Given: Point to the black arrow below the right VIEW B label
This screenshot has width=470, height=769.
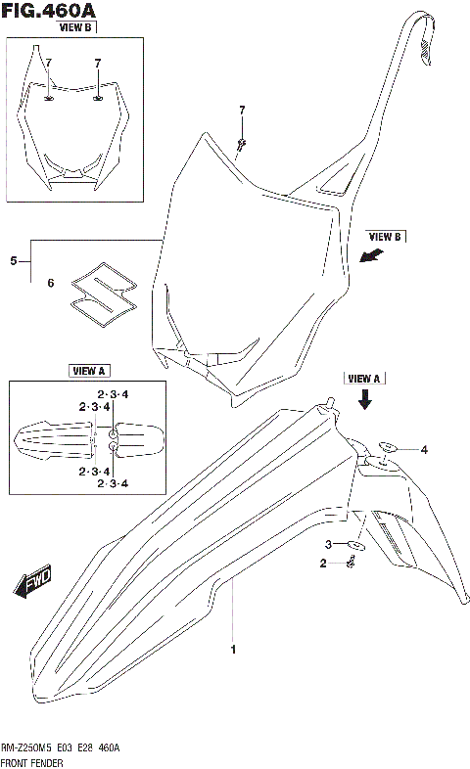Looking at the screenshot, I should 371,256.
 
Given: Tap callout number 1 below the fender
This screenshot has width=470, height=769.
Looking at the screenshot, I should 232,649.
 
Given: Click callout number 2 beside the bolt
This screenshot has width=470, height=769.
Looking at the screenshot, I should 323,563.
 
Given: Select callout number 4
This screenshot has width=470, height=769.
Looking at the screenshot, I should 424,450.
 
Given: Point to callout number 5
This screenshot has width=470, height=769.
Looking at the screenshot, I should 14,261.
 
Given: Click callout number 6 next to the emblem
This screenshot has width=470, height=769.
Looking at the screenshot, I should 51,284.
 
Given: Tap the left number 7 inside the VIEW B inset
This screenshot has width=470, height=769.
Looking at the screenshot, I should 48,63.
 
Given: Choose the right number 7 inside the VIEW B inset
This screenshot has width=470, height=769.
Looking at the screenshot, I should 98,63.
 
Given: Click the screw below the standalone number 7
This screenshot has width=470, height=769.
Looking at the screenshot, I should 241,144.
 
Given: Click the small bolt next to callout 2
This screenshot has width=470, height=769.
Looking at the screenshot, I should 352,562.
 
